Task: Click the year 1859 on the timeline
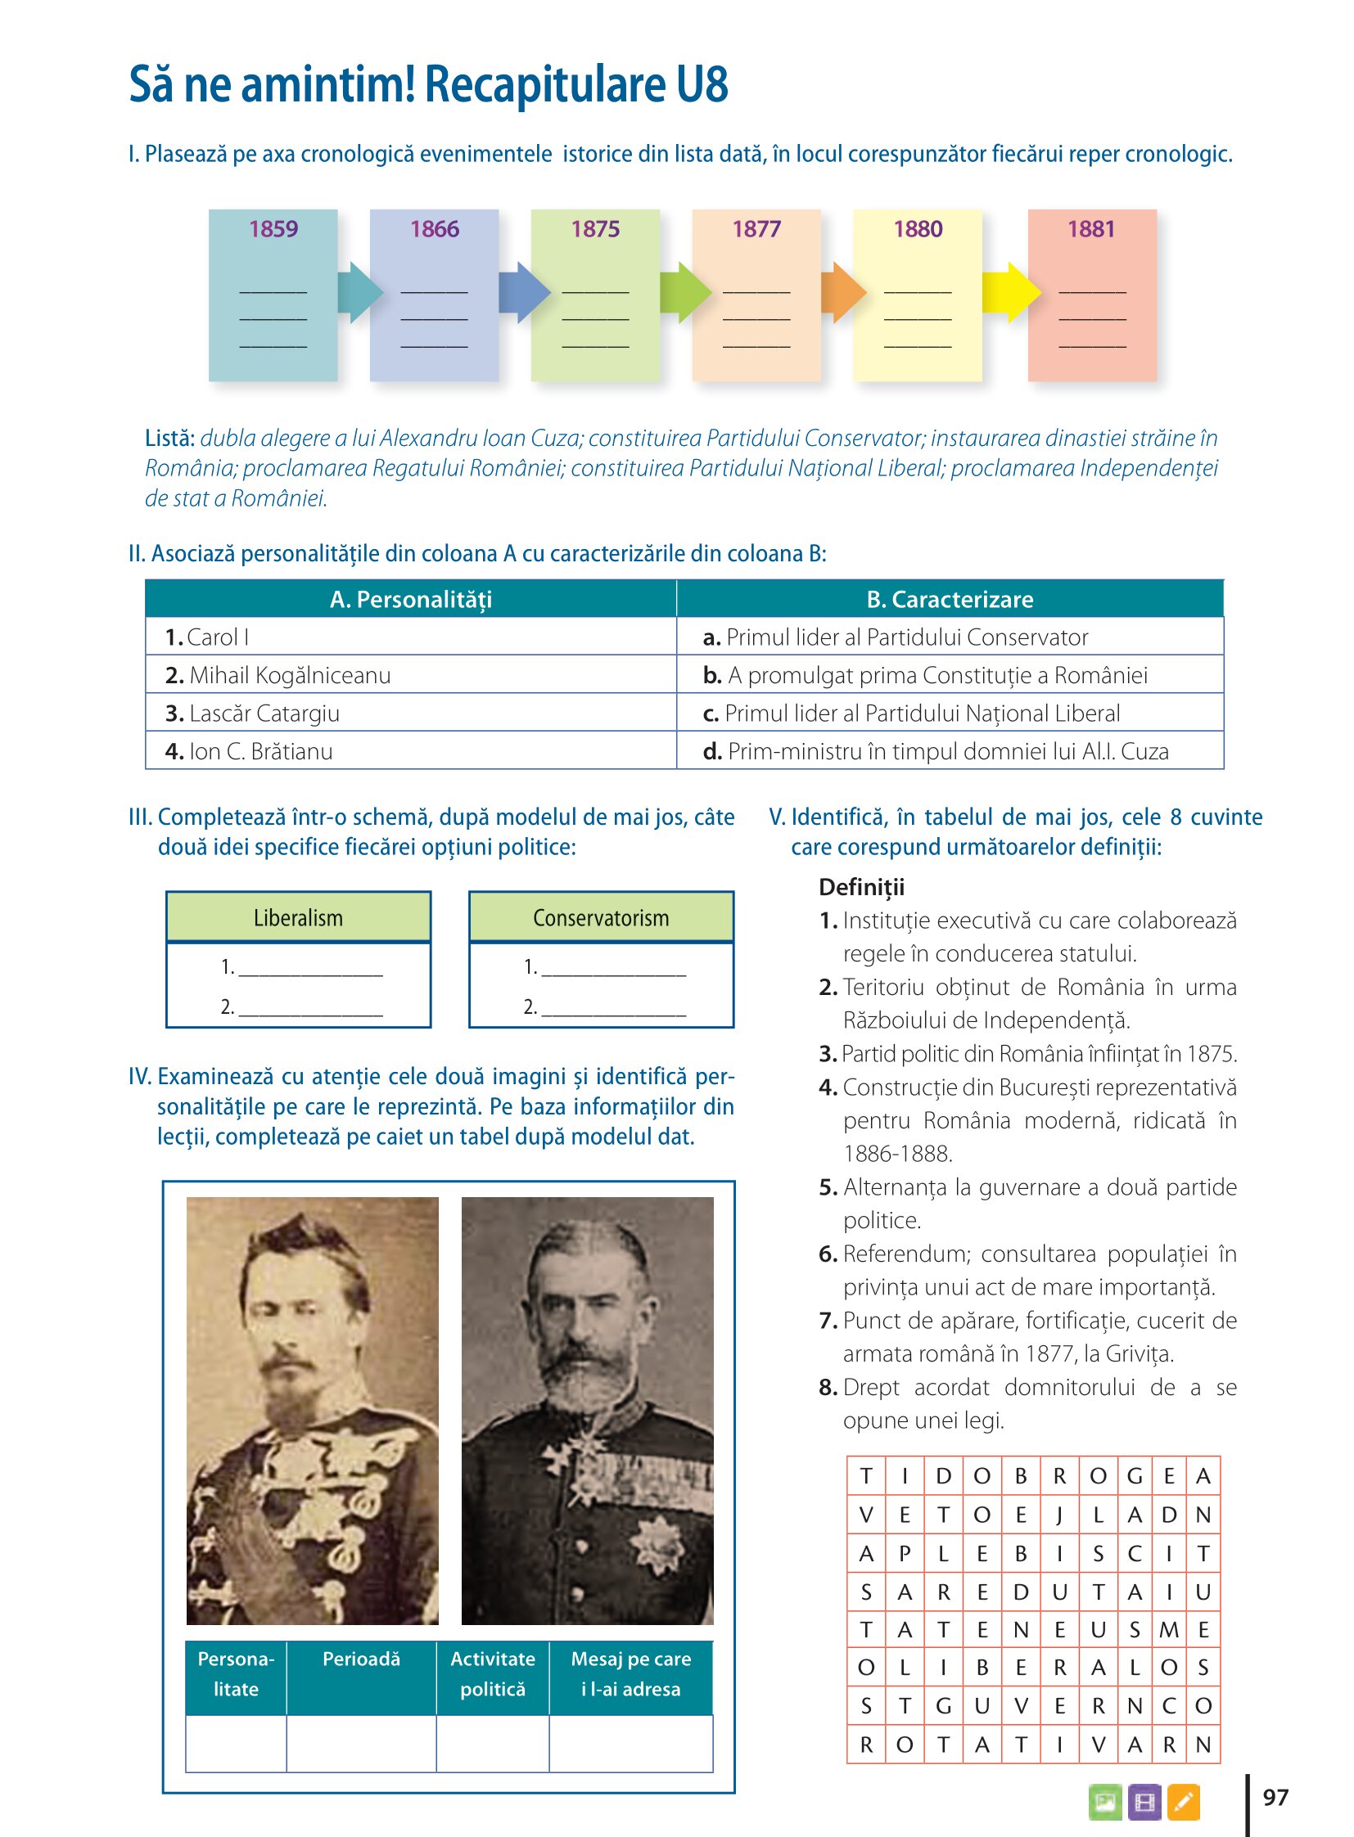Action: pyautogui.click(x=273, y=228)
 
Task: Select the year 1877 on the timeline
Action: pyautogui.click(x=756, y=228)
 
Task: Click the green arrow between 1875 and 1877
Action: pyautogui.click(x=685, y=291)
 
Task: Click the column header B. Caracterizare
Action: pyautogui.click(x=949, y=599)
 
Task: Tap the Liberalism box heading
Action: pyautogui.click(x=298, y=917)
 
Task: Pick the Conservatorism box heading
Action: pyautogui.click(x=601, y=917)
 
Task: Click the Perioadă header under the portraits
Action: pyautogui.click(x=361, y=1659)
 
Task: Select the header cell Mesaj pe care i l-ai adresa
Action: pyautogui.click(x=630, y=1674)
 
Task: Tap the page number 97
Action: pyautogui.click(x=1275, y=1797)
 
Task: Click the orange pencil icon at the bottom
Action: pyautogui.click(x=1183, y=1802)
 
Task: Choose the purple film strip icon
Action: pyautogui.click(x=1144, y=1802)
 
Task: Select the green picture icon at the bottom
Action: pyautogui.click(x=1105, y=1802)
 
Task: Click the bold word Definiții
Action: pyautogui.click(x=861, y=887)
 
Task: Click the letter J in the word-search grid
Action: pyautogui.click(x=1059, y=1515)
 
